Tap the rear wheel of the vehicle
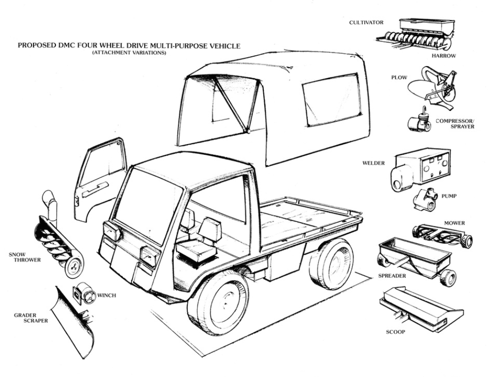tap(332, 264)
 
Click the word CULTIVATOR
tap(366, 23)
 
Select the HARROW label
tap(443, 56)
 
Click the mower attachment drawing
tap(443, 234)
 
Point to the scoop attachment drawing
tap(420, 307)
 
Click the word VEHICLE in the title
tap(225, 46)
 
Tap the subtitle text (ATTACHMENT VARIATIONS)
tap(129, 52)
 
